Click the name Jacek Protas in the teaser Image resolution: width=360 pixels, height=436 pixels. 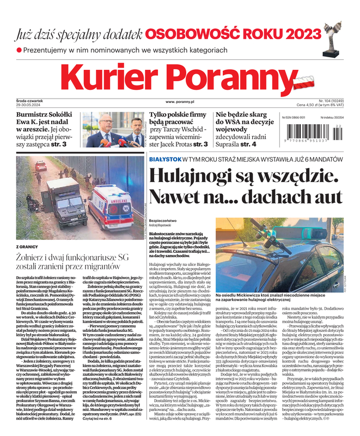click(x=176, y=144)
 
